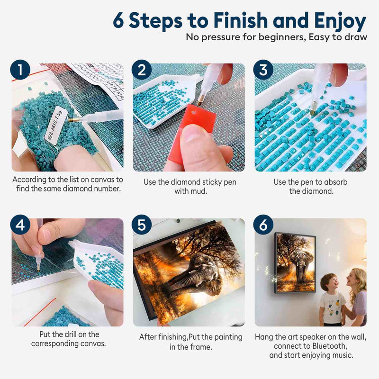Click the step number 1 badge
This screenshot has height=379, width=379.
tap(20, 70)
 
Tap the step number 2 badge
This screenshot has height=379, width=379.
tap(142, 70)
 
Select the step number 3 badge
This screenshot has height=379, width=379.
tap(263, 70)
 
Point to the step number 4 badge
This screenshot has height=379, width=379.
tap(20, 225)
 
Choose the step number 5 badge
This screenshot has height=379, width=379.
tap(142, 225)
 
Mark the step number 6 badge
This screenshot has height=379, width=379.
tap(263, 225)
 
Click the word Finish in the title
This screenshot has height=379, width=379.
tap(241, 20)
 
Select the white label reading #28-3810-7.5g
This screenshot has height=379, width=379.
tap(54, 125)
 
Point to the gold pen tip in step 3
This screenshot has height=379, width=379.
tap(313, 111)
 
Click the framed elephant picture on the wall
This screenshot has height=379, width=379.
tap(295, 263)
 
